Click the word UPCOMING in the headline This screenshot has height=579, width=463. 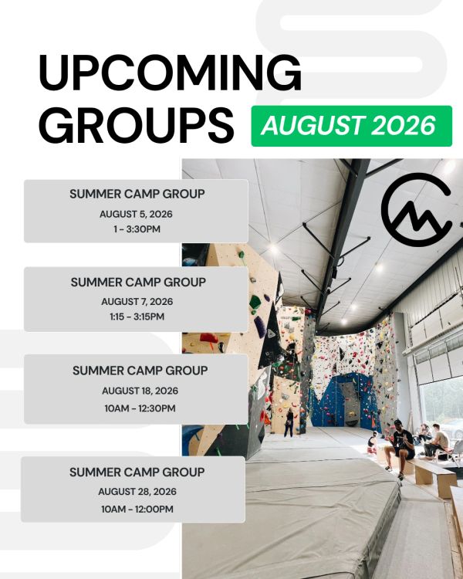[170, 73]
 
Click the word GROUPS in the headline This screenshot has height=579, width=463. [137, 125]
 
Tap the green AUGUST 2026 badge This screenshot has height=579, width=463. [352, 126]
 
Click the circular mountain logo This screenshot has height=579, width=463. [417, 209]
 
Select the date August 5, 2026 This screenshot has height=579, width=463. [136, 214]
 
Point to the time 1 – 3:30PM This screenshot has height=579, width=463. [137, 229]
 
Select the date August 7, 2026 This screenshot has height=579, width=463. [137, 302]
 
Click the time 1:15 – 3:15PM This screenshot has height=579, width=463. [137, 317]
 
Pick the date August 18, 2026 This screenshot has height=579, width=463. [140, 391]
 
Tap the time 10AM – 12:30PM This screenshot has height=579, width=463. [140, 408]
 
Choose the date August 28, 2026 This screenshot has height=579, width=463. [137, 492]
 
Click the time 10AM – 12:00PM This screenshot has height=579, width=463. [137, 510]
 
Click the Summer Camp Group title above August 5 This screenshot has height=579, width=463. [137, 194]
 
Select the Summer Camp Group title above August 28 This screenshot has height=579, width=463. [137, 472]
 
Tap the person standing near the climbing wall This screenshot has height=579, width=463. [289, 422]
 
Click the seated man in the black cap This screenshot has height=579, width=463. [400, 448]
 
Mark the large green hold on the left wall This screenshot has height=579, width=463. [255, 303]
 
